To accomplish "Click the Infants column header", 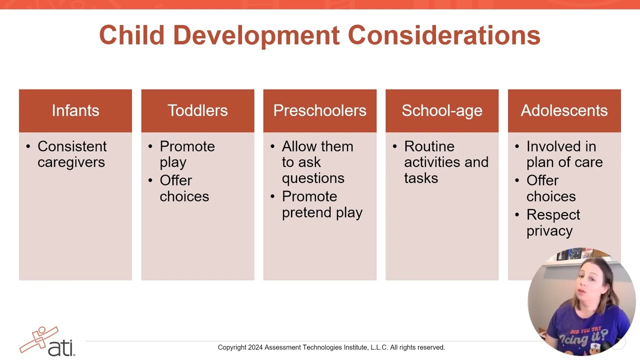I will coord(75,110).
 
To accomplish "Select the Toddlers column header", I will coord(197,110).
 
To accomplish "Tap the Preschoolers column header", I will coord(319,110).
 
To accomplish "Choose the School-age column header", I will coord(442,110).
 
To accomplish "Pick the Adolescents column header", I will coord(564,110).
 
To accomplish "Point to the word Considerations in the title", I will coord(444,35).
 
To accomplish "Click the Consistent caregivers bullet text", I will coord(71,154).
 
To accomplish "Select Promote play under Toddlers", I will coord(186,154).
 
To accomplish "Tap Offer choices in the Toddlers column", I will coord(183,188).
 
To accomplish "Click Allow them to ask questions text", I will coord(317,162).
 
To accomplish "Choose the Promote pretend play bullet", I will coord(321,204).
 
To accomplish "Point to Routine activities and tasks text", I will coord(445,162).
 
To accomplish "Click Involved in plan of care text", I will coord(564,154).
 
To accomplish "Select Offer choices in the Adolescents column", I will coord(550,188).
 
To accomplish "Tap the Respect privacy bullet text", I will coord(552,222).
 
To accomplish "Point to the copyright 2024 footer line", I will coord(331,347).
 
